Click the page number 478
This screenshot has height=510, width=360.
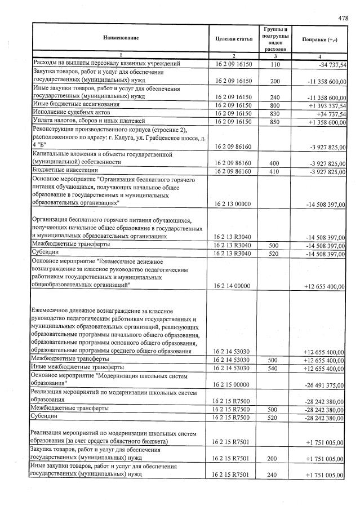(343, 18)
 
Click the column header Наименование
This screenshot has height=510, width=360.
(121, 38)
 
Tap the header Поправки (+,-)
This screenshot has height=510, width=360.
(320, 38)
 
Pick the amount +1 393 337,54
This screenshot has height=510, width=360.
(325, 105)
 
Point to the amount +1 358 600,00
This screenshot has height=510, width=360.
(325, 122)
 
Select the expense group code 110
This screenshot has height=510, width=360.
(275, 65)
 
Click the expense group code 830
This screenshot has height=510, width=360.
(275, 114)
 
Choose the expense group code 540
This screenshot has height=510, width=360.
(275, 369)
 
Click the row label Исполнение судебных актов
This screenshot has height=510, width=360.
(71, 113)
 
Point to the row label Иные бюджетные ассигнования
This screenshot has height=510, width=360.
(77, 105)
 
